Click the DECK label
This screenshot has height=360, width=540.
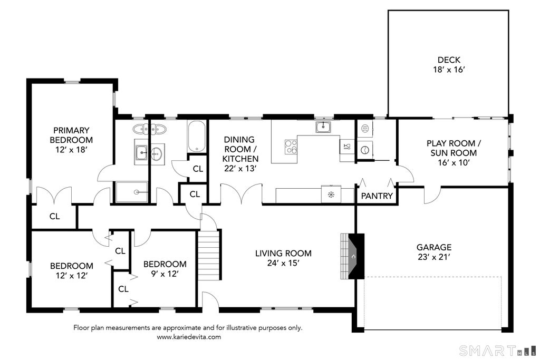coord(449,60)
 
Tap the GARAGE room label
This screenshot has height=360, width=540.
coord(434,247)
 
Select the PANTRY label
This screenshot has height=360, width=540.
coord(377,196)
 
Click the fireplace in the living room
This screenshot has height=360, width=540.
coord(352,256)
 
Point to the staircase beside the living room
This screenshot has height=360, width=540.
coord(209,255)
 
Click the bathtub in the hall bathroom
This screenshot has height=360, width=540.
coord(197,136)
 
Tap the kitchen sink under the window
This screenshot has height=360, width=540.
coord(323,127)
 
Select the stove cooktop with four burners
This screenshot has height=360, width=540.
coord(291,147)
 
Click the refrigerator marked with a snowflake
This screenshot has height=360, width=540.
coord(331,195)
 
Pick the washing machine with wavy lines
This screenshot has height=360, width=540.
coord(365,129)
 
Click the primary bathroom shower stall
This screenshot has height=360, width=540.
coord(132,192)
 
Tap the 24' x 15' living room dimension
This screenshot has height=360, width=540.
coord(283,263)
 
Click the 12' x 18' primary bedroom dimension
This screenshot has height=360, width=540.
coord(71,150)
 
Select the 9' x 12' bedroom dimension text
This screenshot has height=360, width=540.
coord(165,274)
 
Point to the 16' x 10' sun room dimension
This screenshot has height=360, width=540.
coord(454,162)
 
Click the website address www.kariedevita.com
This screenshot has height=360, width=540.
coord(189,337)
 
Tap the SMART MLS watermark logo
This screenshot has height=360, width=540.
coord(498,351)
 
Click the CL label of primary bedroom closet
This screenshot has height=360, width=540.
coord(54,217)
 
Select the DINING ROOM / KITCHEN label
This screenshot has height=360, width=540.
coord(240,149)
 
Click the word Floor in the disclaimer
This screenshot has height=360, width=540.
coord(81,327)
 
